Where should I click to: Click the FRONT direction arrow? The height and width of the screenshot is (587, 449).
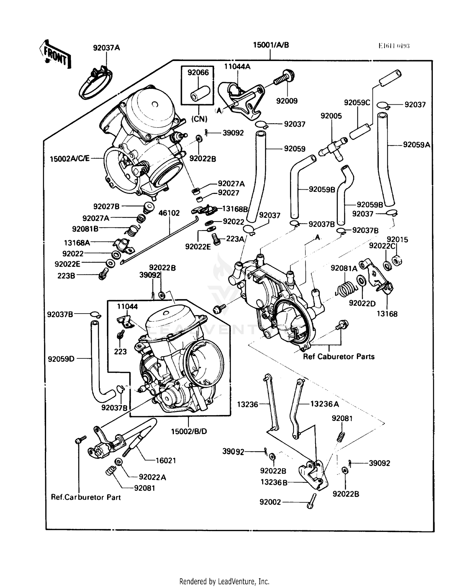[55, 55]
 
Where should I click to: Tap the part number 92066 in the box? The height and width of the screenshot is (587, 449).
[198, 72]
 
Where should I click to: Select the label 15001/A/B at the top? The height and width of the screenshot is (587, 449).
[271, 45]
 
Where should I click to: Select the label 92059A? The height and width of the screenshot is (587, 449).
[416, 145]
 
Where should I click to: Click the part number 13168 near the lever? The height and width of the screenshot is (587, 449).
[387, 314]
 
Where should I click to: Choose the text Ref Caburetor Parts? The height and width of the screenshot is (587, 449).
[339, 357]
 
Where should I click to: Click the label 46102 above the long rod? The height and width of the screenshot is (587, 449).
[169, 213]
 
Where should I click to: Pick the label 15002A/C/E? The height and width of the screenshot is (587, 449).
[69, 159]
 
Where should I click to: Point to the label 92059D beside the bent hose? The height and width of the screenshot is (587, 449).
[61, 358]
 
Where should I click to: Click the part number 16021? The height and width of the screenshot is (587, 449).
[166, 460]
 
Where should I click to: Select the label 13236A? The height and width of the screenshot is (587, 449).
[324, 404]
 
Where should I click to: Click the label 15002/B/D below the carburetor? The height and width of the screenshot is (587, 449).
[189, 431]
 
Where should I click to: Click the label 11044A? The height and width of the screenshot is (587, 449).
[237, 66]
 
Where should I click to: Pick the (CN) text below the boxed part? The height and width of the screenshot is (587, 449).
[199, 119]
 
